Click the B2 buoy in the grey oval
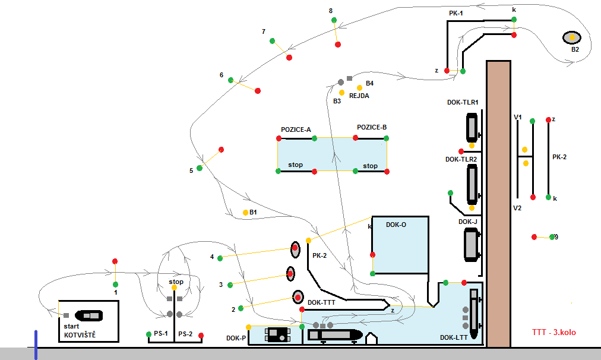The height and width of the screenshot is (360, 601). (572, 37)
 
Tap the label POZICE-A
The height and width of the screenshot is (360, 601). (296, 129)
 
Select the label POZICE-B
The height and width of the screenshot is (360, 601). (372, 127)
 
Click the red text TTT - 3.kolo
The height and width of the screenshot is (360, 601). (559, 333)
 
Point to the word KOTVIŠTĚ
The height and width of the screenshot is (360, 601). (80, 335)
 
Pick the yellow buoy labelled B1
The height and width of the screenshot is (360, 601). (245, 212)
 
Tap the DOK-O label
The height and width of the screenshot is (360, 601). (397, 225)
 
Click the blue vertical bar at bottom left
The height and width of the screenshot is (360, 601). (36, 345)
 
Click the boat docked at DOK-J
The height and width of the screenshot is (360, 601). (472, 245)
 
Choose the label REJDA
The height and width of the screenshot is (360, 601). (359, 94)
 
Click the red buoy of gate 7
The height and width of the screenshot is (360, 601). (289, 57)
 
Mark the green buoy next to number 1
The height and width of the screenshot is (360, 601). (116, 284)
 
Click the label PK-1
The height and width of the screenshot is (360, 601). (457, 12)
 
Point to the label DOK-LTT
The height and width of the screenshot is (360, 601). (452, 337)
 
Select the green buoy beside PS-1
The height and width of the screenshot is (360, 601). (149, 335)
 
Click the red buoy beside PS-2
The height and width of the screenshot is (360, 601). (201, 336)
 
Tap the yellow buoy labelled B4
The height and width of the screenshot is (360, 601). (359, 88)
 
